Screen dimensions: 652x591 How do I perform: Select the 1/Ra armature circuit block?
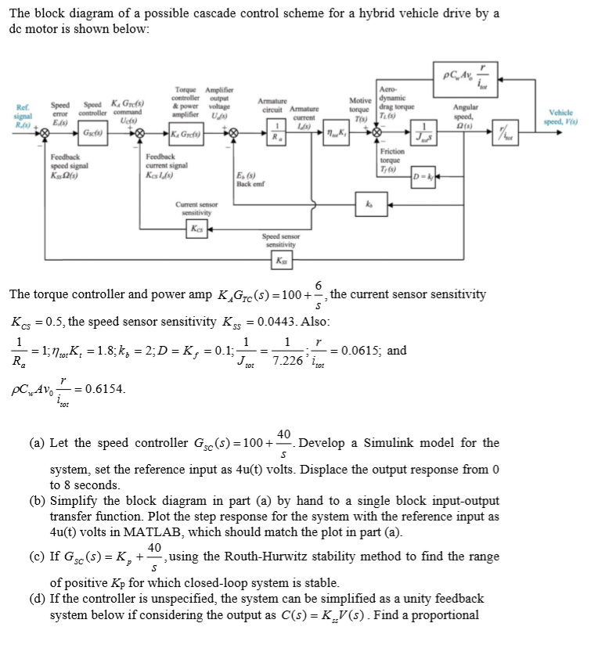274,135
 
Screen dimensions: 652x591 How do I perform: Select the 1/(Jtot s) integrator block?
423,134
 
